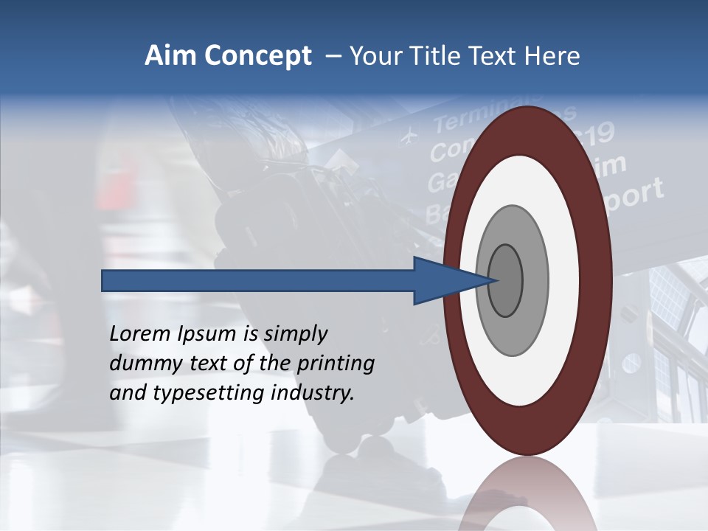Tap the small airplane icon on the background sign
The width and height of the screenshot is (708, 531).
pyautogui.click(x=407, y=137)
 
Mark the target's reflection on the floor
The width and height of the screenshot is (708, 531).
pyautogui.click(x=528, y=498)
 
